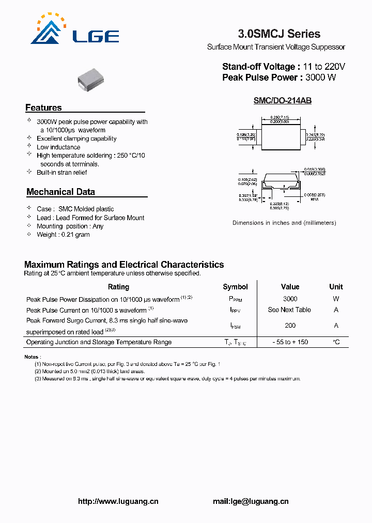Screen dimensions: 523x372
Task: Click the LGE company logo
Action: pyautogui.click(x=75, y=30)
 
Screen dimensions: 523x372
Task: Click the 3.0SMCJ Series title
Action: pyautogui.click(x=279, y=34)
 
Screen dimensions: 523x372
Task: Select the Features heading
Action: pyautogui.click(x=43, y=108)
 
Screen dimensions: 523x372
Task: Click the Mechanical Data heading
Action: pyautogui.click(x=60, y=192)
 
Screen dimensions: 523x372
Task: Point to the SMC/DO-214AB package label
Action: pyautogui.click(x=282, y=101)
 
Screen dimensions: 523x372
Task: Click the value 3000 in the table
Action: pyautogui.click(x=290, y=299)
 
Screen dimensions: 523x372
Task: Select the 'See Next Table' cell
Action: pyautogui.click(x=289, y=310)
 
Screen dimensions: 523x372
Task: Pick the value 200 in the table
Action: pyautogui.click(x=290, y=326)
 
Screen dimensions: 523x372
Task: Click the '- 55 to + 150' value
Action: pyautogui.click(x=290, y=342)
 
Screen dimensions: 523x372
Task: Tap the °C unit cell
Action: pyautogui.click(x=336, y=342)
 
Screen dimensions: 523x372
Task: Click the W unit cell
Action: pyautogui.click(x=336, y=299)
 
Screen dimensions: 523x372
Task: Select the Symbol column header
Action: pyautogui.click(x=235, y=287)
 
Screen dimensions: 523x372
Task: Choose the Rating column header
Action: pyautogui.click(x=118, y=287)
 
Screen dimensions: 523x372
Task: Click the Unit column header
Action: pyautogui.click(x=336, y=287)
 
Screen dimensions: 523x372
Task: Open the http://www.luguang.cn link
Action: pyautogui.click(x=118, y=501)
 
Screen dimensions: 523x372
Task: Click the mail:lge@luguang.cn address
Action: pyautogui.click(x=251, y=501)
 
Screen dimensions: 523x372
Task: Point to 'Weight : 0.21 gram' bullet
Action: pyautogui.click(x=63, y=235)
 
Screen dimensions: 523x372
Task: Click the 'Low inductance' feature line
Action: pyautogui.click(x=58, y=147)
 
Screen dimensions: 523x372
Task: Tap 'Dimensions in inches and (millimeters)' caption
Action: pyautogui.click(x=284, y=223)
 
